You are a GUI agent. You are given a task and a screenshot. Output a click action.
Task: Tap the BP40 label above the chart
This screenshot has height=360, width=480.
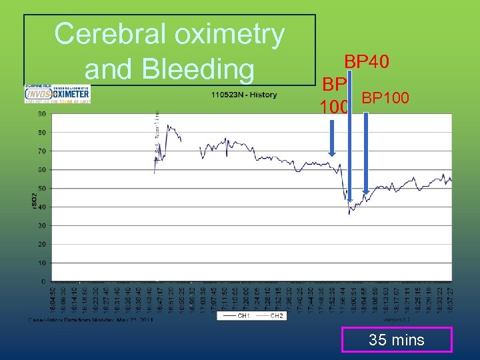pos(367,62)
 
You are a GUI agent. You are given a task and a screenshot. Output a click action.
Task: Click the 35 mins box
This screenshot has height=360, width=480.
pos(397,340)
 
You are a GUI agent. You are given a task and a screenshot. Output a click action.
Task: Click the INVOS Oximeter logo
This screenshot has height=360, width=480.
pos(57,93)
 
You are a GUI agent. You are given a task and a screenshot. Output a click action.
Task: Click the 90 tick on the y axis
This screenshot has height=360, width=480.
pos(41,114)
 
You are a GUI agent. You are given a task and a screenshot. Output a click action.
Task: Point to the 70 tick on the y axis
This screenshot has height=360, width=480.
pos(41,151)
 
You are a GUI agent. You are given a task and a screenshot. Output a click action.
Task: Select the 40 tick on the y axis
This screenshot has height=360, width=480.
pos(41,207)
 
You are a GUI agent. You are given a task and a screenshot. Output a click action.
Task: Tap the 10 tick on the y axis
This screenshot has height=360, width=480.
pos(41,263)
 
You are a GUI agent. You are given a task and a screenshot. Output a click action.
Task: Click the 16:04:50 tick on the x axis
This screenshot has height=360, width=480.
pos(54,297)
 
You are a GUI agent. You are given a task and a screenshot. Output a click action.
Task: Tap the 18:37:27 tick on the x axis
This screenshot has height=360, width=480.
pos(450,297)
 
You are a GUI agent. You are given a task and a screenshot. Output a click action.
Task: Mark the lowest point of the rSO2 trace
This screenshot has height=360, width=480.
pos(349,213)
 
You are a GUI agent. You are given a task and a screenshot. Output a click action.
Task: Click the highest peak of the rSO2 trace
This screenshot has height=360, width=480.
pos(168,125)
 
